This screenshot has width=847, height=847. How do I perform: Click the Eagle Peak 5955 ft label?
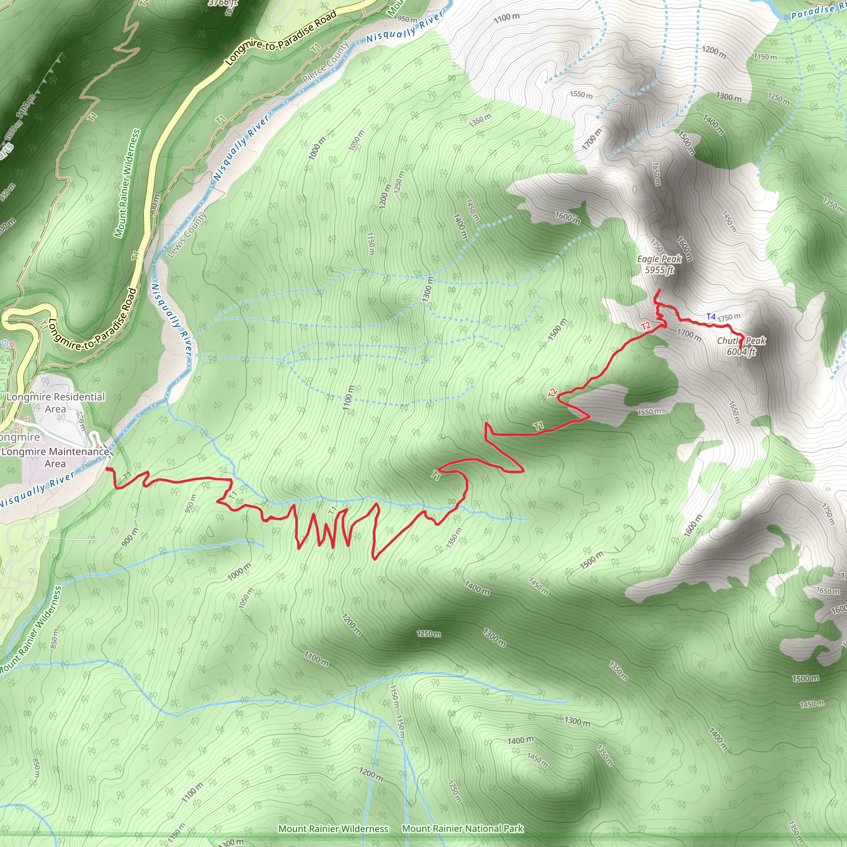click(659, 264)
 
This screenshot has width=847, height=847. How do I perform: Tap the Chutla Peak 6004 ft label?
click(742, 346)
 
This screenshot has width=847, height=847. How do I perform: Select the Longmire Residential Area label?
click(56, 402)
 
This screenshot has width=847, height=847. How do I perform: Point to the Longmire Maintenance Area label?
click(55, 457)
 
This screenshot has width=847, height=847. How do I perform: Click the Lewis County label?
click(187, 234)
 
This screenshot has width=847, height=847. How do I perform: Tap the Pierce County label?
click(326, 62)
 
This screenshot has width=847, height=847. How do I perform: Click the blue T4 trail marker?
click(711, 316)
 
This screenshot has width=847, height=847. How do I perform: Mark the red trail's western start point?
click(108, 469)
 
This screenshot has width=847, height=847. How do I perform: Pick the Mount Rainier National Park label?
click(462, 828)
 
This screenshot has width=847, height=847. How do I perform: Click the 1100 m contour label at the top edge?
click(507, 17)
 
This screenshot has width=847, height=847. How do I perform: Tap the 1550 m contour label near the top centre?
click(581, 95)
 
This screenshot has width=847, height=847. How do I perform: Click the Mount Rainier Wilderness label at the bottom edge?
click(333, 828)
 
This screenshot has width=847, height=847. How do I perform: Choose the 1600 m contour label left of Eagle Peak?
click(567, 218)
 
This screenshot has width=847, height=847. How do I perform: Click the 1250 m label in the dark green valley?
click(429, 634)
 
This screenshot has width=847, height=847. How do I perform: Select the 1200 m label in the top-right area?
click(714, 52)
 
